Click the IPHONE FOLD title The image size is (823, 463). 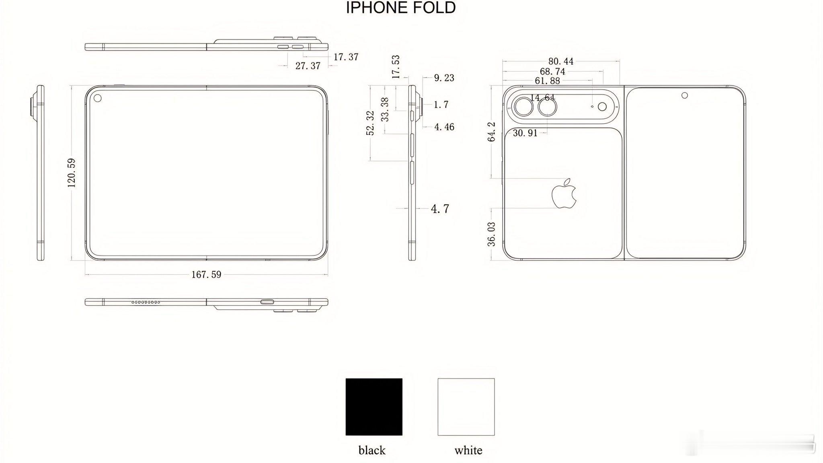(400, 8)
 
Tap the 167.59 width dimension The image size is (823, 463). (206, 275)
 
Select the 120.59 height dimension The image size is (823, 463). (72, 173)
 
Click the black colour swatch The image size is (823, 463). (374, 406)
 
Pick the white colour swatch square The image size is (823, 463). (466, 406)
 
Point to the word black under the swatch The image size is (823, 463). (372, 450)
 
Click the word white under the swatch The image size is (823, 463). (468, 450)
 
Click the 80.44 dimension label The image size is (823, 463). (561, 62)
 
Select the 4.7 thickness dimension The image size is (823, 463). (440, 209)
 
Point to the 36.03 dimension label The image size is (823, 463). (491, 234)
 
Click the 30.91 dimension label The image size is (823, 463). (525, 133)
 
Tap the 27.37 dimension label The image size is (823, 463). (308, 66)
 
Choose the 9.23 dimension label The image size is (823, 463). (444, 78)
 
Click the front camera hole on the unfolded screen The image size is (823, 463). (97, 98)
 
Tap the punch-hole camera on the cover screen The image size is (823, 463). (684, 95)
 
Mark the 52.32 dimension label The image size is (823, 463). (370, 123)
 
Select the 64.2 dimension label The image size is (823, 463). (491, 132)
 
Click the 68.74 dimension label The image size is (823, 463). (552, 72)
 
